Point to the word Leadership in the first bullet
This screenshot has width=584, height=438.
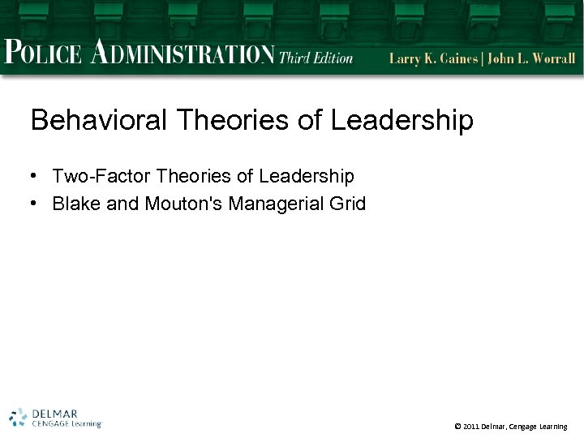point(307,176)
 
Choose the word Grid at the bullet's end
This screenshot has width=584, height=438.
point(348,204)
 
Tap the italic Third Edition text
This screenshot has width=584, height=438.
point(316,57)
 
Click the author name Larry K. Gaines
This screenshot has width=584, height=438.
point(434,58)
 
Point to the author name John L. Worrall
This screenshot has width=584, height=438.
point(531,58)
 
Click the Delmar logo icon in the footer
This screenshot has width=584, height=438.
point(18,417)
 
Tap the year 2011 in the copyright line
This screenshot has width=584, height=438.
point(471,427)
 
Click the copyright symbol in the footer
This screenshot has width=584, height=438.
point(457,427)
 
